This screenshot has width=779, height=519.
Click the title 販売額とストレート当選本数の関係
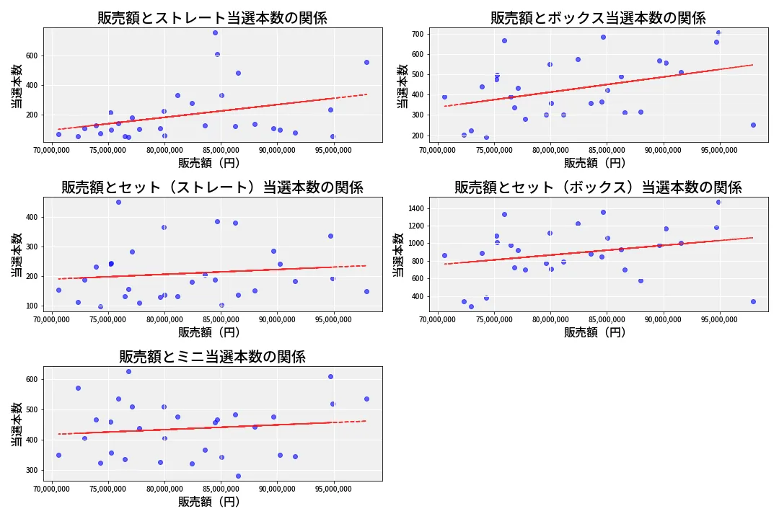coord(212,18)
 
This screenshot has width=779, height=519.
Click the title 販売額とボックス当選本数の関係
coord(598,18)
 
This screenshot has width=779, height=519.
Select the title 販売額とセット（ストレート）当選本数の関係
coord(212,187)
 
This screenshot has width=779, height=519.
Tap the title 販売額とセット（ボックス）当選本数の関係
coord(598,187)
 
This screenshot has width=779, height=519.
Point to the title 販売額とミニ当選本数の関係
coord(212,357)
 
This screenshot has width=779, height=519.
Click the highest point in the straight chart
coord(215,32)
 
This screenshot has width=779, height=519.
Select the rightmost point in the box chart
coord(753,125)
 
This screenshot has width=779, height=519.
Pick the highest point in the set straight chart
coord(118,202)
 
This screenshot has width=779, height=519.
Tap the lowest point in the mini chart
coord(238,476)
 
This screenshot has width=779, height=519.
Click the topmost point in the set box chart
coord(718,202)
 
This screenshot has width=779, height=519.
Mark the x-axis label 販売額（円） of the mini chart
coord(209,502)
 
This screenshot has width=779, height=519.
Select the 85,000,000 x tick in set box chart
coord(607,320)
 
